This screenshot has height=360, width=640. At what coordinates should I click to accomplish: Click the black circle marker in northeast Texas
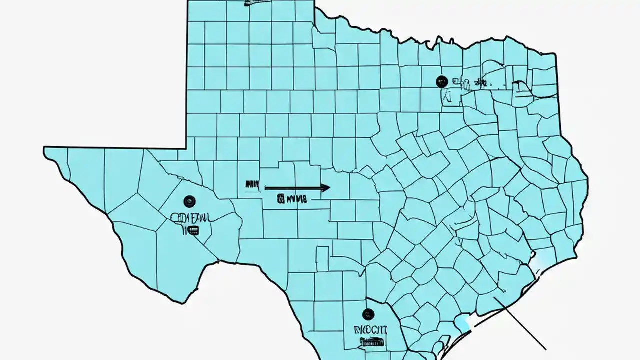coord(441,81)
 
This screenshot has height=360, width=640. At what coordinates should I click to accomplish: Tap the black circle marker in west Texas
coord(189,201)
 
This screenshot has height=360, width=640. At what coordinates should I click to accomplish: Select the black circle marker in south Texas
coord(368,314)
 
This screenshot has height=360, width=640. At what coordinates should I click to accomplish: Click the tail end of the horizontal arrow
coord(265,188)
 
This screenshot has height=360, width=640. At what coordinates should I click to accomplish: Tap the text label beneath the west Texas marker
coord(190,218)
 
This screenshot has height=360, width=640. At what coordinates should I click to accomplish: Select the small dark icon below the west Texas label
coord(192,230)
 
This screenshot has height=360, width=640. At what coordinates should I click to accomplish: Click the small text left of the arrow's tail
coord(252,186)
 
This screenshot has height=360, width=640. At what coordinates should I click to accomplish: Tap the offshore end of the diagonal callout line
coord(545,349)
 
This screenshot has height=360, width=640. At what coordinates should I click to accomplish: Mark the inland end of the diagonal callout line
coord(495,298)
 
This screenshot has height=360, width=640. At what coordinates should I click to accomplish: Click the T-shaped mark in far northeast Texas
coord(520,86)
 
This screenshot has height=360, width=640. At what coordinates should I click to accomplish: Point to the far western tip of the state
coord(45,148)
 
